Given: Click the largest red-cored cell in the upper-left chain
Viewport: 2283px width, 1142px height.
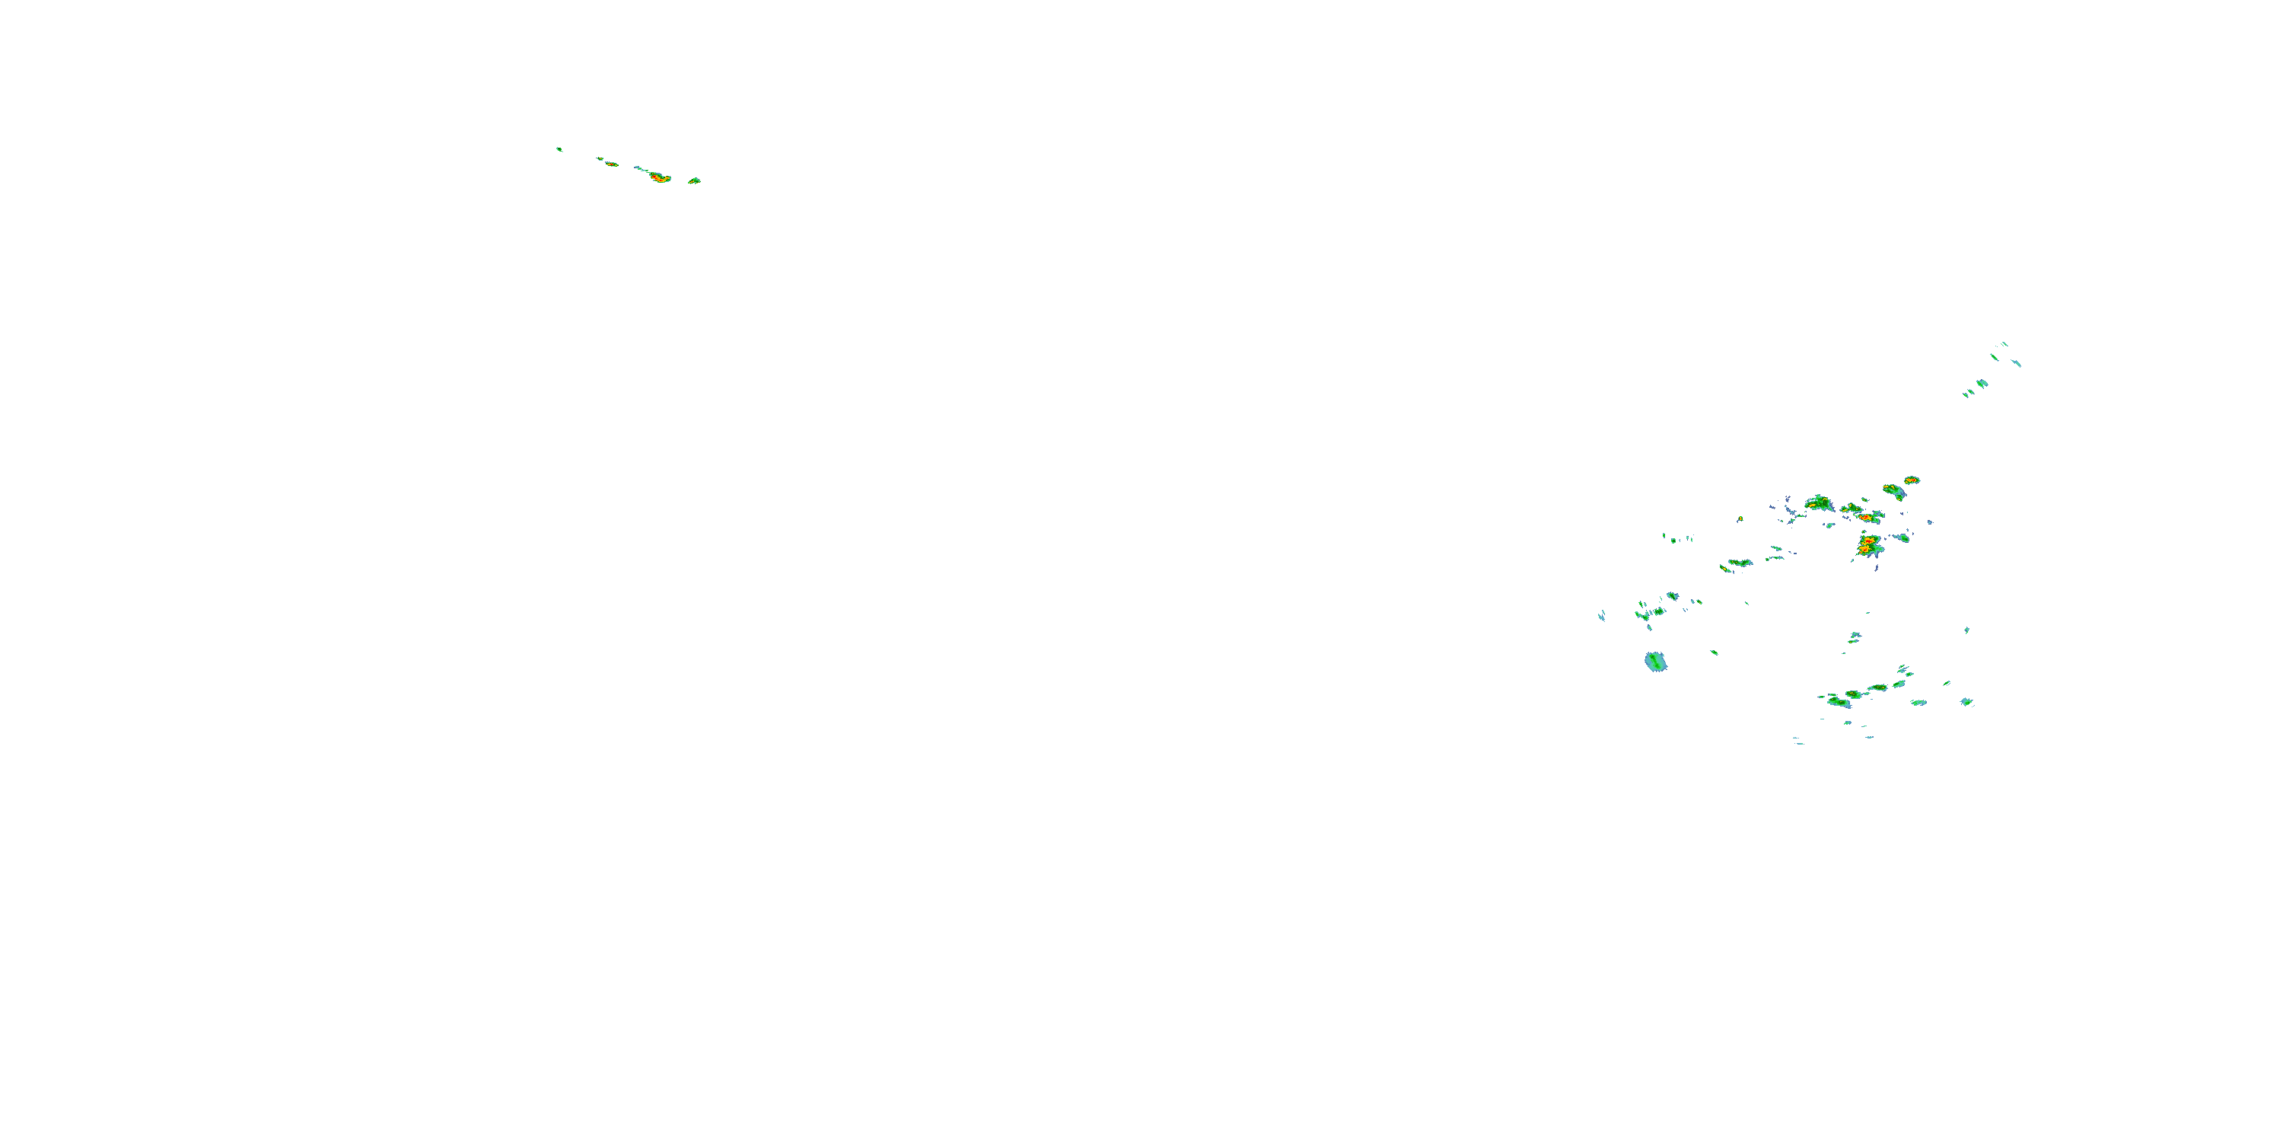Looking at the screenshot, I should (x=658, y=177).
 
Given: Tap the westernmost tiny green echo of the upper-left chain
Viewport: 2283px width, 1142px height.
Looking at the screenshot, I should (x=559, y=149).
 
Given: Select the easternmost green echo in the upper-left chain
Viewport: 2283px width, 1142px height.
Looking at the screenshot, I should (x=694, y=181).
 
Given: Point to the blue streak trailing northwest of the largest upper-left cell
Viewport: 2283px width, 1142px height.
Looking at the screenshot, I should (x=639, y=167).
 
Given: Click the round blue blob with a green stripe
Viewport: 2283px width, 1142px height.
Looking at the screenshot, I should (x=1655, y=662).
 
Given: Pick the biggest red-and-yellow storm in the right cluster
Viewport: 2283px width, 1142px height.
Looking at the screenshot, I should (x=1868, y=544).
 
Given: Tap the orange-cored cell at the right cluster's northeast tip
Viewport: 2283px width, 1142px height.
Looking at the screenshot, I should (x=1912, y=480).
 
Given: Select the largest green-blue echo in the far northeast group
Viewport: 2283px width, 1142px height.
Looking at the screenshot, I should (x=1982, y=384).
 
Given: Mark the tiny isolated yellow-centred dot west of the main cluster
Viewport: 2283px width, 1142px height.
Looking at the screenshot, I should (x=1740, y=518).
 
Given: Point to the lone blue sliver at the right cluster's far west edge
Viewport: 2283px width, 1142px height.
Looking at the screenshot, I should (x=1601, y=615).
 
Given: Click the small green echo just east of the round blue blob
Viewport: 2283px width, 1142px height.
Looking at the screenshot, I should (x=1714, y=652).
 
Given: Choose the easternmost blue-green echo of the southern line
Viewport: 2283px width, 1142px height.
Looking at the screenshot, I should (x=1966, y=701).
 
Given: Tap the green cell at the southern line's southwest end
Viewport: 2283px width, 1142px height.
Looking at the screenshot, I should (x=1838, y=702).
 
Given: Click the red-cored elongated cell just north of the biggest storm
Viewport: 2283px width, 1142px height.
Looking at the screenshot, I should (x=1865, y=517).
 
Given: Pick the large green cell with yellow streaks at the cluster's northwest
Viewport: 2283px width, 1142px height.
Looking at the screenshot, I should (x=1820, y=502).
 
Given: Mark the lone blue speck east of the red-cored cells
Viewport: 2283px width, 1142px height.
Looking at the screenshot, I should (x=1930, y=522).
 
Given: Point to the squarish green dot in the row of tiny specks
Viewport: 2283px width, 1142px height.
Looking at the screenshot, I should (x=1673, y=539).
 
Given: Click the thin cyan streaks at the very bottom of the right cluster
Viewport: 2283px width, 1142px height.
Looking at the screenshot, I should (x=1798, y=742).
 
